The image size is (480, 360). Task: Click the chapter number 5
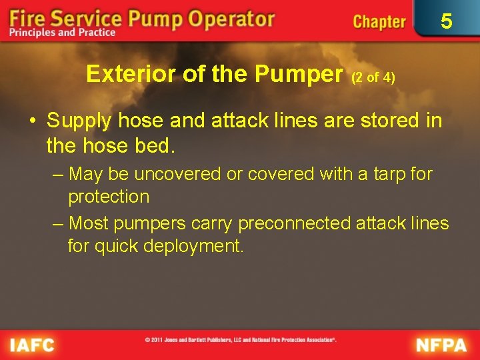click(x=447, y=21)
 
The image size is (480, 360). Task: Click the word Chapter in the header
click(x=379, y=21)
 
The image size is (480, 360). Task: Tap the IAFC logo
click(x=31, y=345)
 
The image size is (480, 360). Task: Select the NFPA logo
click(x=442, y=345)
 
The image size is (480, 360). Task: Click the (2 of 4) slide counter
click(x=373, y=77)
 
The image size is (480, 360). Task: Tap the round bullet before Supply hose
click(x=32, y=121)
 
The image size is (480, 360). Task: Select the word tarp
click(x=387, y=174)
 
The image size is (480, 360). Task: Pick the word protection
click(x=109, y=197)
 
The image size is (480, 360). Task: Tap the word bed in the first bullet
click(x=155, y=143)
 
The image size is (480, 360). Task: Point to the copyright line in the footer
click(x=241, y=340)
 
